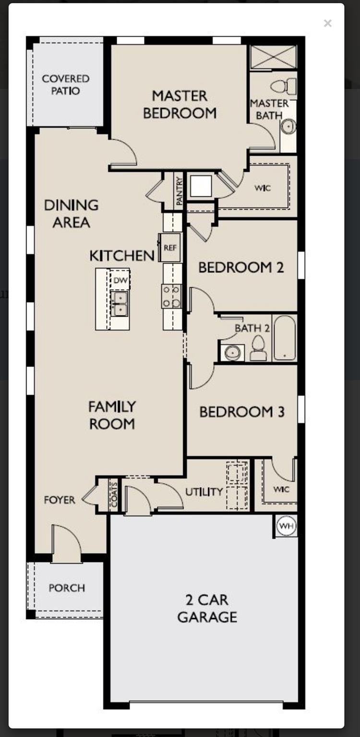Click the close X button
(328, 23)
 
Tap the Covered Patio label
(66, 84)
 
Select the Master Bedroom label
(180, 104)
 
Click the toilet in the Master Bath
(284, 86)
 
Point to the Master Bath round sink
(288, 127)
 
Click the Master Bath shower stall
(274, 57)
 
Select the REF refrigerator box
(170, 248)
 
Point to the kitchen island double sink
(120, 304)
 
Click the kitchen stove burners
(171, 296)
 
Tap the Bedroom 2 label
(241, 267)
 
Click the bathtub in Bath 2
(285, 338)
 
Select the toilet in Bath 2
(259, 347)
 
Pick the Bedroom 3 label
(242, 412)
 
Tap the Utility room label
(204, 492)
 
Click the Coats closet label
(114, 495)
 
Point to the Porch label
(67, 588)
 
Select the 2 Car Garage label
(207, 608)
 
